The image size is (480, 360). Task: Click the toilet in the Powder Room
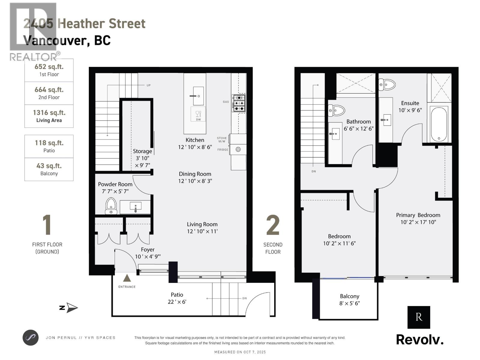111,205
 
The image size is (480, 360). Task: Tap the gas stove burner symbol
238,103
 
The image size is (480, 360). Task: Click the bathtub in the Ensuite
439,124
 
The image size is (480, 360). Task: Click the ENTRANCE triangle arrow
127,278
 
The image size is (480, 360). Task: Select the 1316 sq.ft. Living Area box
49,116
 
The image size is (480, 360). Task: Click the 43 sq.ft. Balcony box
49,169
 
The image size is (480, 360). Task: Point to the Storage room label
142,151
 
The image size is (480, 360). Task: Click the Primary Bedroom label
418,215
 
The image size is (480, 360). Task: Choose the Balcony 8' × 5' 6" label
349,299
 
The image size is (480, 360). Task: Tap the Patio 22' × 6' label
177,298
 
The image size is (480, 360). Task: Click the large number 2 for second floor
273,225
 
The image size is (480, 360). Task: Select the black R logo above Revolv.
418,317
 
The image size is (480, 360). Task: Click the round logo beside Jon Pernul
31,337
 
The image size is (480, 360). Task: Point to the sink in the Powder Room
136,207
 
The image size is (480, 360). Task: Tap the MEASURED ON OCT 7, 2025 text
240,352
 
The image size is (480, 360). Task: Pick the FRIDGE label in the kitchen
223,149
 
